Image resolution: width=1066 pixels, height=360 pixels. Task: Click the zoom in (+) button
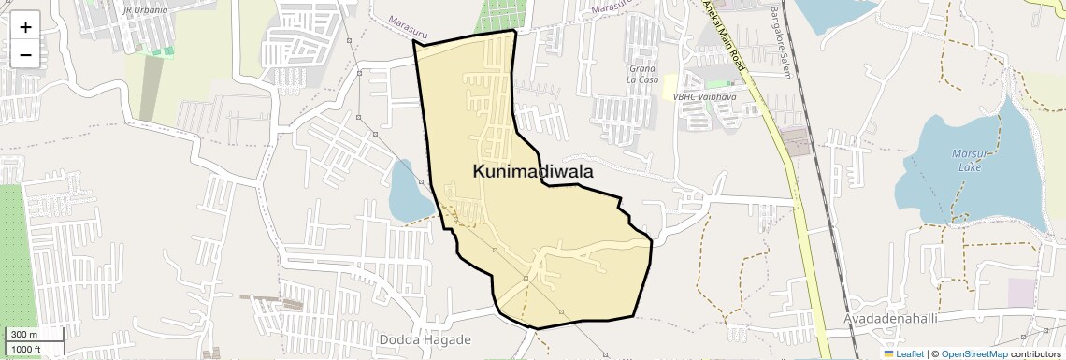pos(25,27)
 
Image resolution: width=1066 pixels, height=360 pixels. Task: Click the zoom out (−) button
pos(25,55)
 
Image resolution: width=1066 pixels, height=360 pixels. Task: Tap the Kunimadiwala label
pos(533,172)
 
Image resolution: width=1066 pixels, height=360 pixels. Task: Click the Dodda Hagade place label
pos(425,339)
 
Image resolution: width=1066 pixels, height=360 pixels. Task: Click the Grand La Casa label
pos(642,74)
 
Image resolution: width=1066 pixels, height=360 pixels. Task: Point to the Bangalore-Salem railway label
pos(781,43)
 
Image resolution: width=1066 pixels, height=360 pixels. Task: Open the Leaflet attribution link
pos(910,353)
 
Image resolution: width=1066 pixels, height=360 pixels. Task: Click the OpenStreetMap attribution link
pos(974,353)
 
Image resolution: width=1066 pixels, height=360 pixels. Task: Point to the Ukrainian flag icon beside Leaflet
pos(888,353)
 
